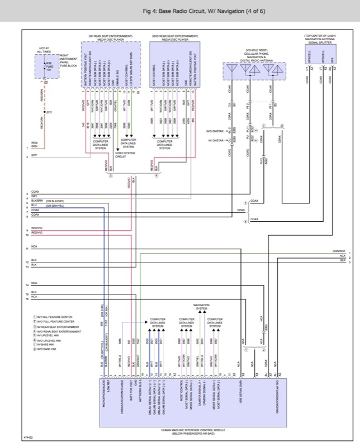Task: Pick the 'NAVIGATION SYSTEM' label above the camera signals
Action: (201, 307)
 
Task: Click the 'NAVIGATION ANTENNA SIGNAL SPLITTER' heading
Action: (320, 39)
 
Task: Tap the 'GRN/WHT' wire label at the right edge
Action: (339, 251)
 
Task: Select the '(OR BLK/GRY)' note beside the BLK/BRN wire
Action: (55, 201)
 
